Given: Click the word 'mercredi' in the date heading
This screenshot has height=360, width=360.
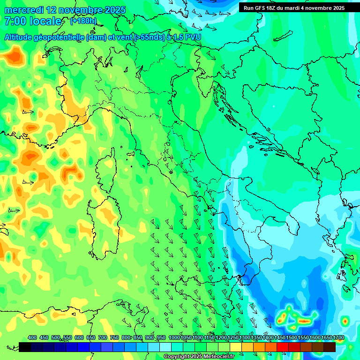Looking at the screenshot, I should coord(23,10).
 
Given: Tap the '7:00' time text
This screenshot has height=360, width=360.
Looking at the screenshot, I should coord(15,21).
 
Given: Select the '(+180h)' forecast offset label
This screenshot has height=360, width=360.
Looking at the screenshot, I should coord(83,21).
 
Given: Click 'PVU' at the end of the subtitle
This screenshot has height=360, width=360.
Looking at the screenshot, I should coord(193,37).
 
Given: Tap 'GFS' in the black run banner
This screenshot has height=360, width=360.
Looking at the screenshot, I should coord(262,7).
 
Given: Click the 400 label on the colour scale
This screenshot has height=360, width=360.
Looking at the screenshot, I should coord(32,337).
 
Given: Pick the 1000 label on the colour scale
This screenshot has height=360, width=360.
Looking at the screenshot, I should coord(174,337).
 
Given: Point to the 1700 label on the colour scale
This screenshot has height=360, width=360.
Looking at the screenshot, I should coord(338,337).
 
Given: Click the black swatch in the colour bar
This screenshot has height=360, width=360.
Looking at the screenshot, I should coord(25,347).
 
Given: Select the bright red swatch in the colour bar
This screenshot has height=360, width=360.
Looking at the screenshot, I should coord(283,347).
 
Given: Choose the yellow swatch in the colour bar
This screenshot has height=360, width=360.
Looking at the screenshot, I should coord(236,347).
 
